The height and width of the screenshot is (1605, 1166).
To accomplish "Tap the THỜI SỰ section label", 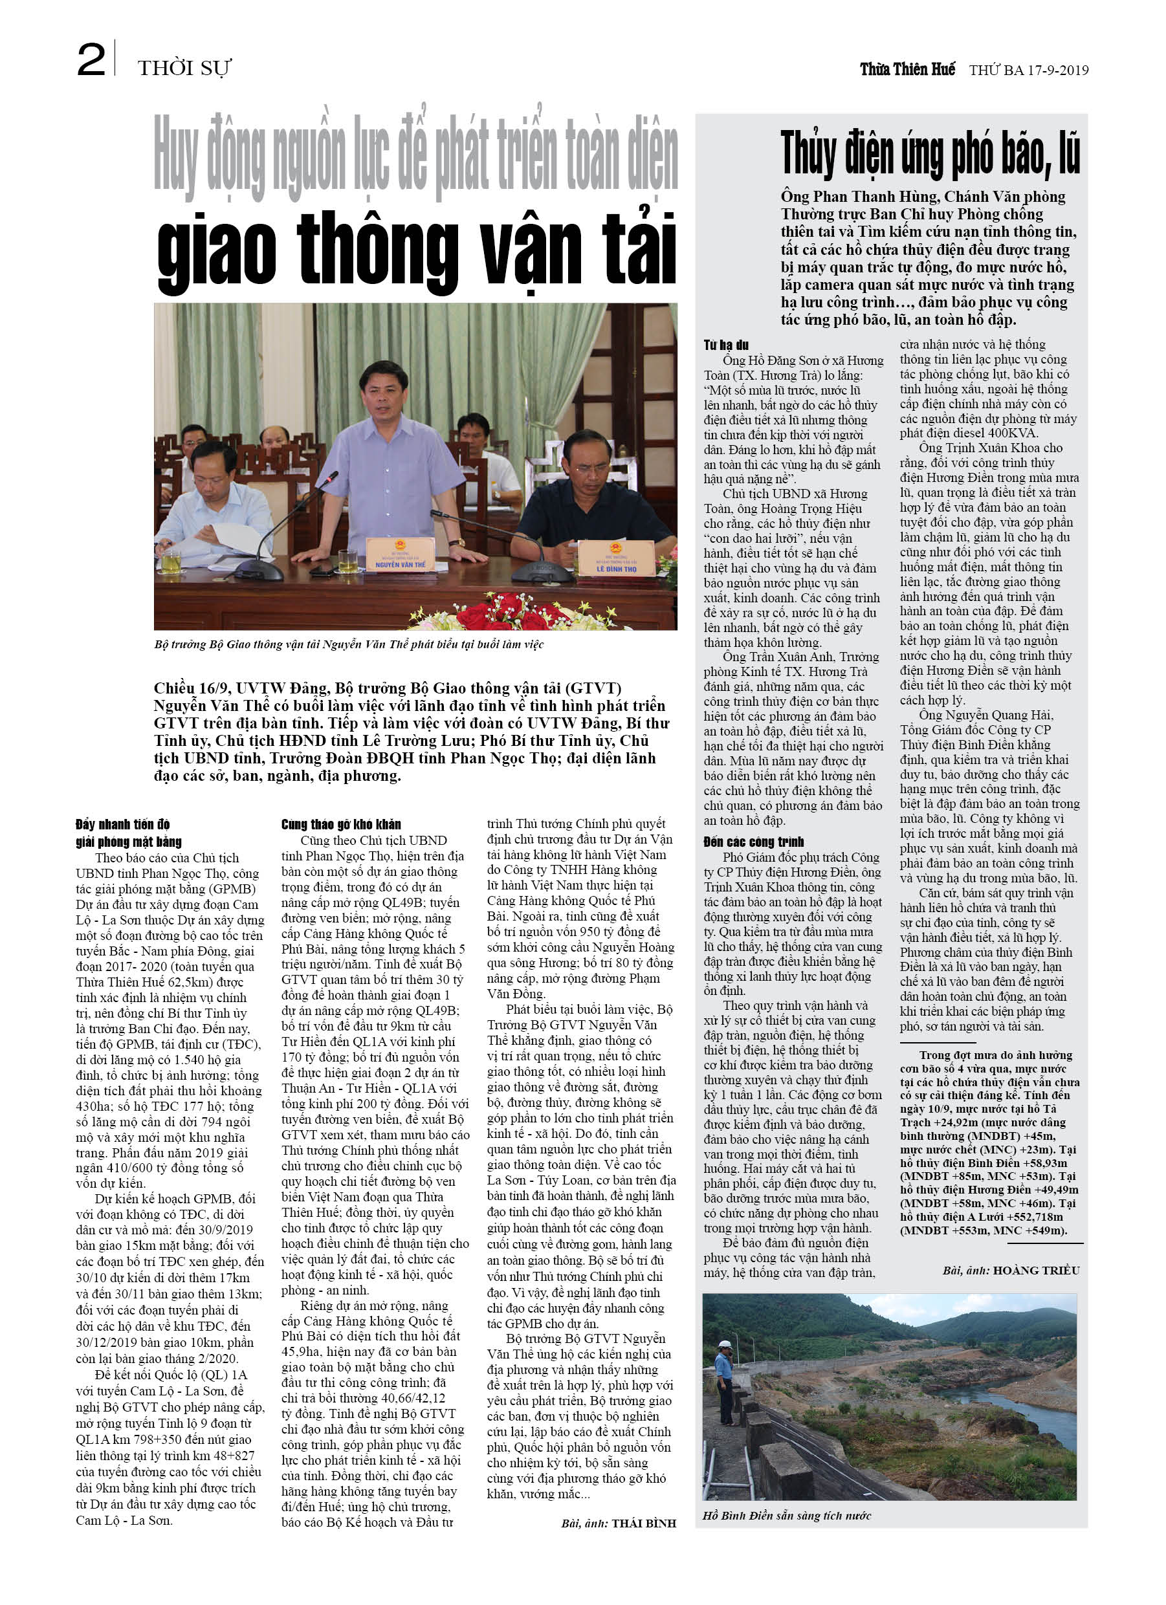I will click(x=184, y=68).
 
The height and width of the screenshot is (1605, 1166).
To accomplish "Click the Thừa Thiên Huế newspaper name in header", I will click(x=907, y=69).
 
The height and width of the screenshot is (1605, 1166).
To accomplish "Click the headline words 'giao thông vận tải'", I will click(x=416, y=250).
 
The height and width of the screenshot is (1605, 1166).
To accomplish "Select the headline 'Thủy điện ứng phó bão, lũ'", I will click(x=930, y=153).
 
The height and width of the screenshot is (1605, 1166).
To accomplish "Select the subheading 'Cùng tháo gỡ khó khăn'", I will click(x=340, y=824).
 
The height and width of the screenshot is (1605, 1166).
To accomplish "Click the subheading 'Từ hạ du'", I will click(x=725, y=345).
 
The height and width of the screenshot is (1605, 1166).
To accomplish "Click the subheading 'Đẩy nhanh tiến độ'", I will click(x=122, y=824).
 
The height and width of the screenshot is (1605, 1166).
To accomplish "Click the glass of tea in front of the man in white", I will click(x=171, y=561).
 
